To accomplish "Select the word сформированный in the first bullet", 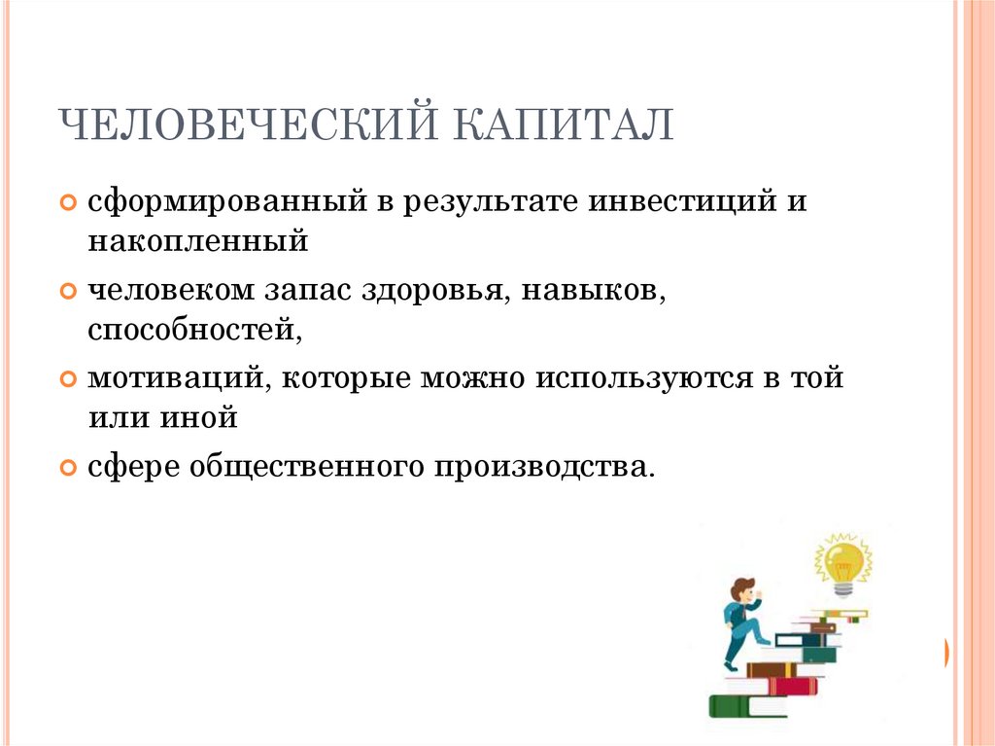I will pos(226,203).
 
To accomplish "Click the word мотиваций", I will pos(180,378).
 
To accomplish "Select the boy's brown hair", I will pos(742,586).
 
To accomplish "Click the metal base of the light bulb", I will pos(841,586).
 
